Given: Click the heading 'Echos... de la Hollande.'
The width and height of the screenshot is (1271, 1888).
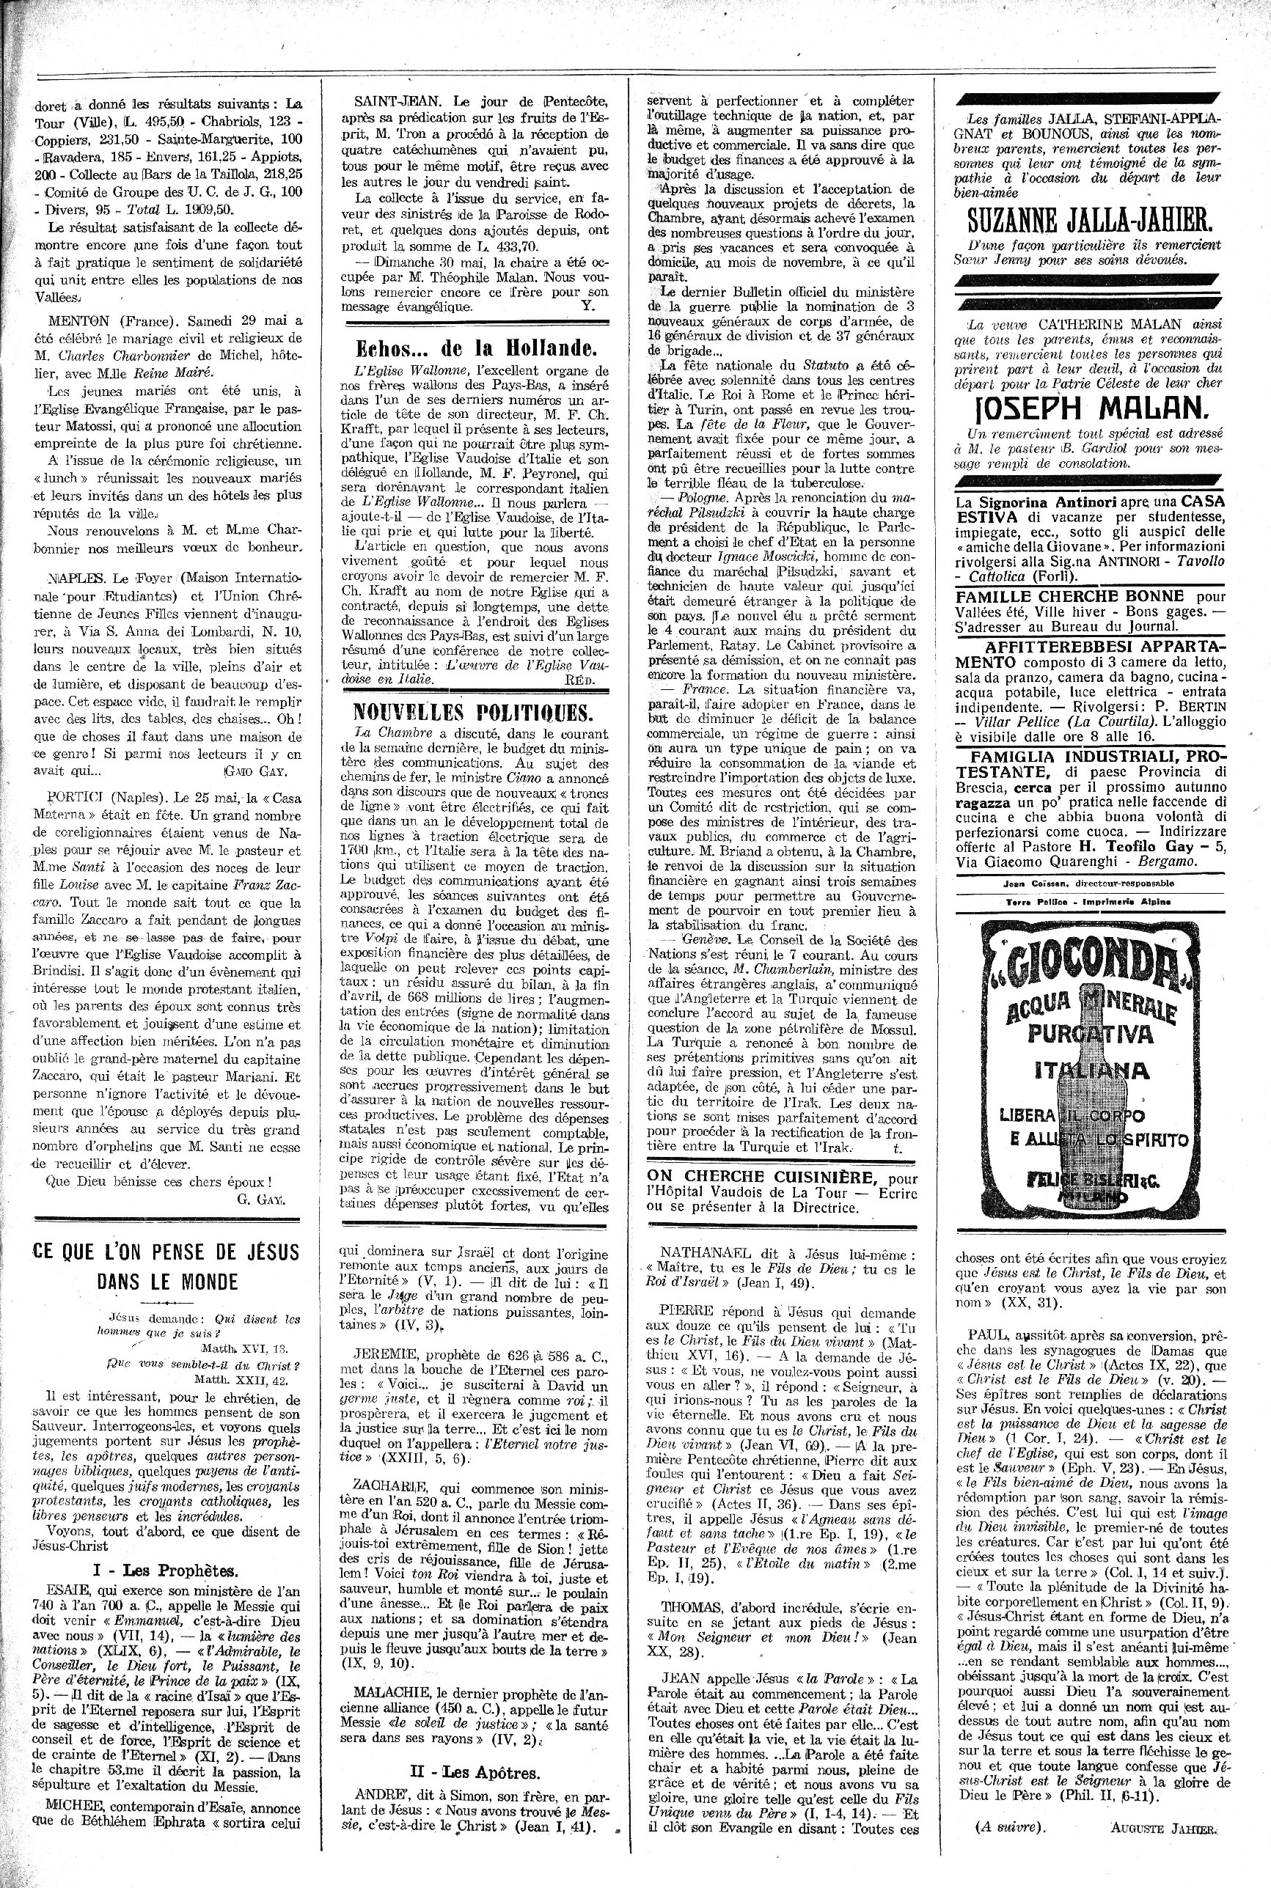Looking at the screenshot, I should coord(477,349).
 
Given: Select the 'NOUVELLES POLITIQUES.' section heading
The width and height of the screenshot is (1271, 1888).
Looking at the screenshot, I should coord(473,712).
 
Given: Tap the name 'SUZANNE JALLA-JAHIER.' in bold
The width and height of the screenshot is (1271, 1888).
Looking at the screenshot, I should coord(1089,219).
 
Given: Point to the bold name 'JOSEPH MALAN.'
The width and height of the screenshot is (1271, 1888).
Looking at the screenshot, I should coord(1088,405).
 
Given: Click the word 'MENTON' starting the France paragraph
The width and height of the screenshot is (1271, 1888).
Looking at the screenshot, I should coord(67,320).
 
